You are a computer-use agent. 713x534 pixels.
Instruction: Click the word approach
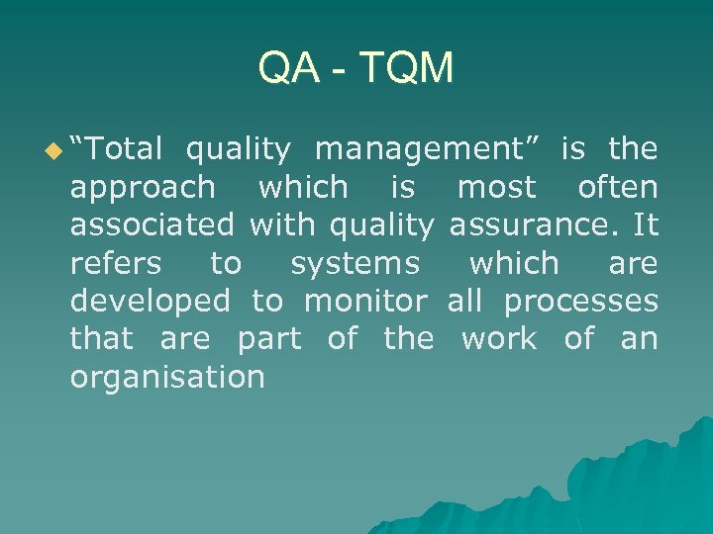tap(142, 188)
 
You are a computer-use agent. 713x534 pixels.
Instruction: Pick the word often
tap(618, 187)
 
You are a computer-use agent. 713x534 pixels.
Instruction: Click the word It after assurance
tap(647, 224)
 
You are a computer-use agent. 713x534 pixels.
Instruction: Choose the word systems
tap(355, 264)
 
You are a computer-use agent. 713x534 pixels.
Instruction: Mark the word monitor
tap(365, 301)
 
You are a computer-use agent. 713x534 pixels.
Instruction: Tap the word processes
tap(580, 302)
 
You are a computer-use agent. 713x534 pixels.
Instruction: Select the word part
tap(268, 339)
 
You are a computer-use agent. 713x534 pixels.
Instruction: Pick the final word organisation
tap(167, 377)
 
